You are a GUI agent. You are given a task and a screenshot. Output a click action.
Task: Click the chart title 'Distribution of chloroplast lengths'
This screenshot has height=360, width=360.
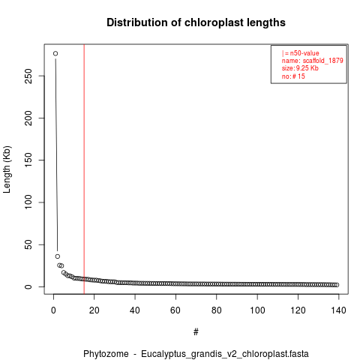coord(196,22)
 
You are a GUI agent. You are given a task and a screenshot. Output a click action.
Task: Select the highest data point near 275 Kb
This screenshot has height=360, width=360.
coord(55,53)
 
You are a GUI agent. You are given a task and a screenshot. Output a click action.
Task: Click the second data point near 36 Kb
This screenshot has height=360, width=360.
coord(58,256)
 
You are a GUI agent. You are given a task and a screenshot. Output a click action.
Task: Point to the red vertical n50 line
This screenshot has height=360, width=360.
coord(84,169)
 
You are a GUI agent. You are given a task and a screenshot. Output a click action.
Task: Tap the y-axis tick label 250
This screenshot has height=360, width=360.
coord(28,76)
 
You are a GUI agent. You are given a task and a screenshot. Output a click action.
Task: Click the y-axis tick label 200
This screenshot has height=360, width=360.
coord(28,118)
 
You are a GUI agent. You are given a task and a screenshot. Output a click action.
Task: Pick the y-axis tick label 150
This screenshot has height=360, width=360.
coord(28,160)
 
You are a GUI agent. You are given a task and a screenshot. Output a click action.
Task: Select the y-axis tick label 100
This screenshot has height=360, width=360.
coord(28,202)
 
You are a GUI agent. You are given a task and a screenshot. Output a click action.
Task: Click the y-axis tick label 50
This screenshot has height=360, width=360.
coord(28,244)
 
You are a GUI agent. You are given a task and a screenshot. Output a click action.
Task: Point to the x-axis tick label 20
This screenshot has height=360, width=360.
coord(94,310)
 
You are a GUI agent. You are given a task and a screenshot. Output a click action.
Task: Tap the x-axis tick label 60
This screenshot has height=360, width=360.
coord(175,310)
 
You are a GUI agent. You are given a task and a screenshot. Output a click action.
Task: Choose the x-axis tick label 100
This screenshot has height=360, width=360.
coord(257,310)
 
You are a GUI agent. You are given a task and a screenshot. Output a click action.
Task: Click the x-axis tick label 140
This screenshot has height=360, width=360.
coord(339,310)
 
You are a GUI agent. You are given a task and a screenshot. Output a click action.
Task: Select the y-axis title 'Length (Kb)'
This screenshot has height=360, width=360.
coord(7,169)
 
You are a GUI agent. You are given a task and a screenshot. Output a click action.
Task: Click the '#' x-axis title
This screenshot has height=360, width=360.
coord(196,332)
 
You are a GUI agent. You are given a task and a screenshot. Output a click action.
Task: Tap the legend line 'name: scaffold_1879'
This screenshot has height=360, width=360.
coord(313,61)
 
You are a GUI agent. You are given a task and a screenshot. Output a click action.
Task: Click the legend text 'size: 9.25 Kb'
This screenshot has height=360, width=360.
coord(300,68)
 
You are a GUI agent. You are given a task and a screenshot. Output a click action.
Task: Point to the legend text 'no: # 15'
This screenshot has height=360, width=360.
coord(293,76)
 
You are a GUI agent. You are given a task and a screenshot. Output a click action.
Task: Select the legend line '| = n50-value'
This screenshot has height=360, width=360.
coord(301,53)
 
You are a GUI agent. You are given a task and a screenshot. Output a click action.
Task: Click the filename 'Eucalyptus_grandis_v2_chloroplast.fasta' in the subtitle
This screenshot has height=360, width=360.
coord(225,354)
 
